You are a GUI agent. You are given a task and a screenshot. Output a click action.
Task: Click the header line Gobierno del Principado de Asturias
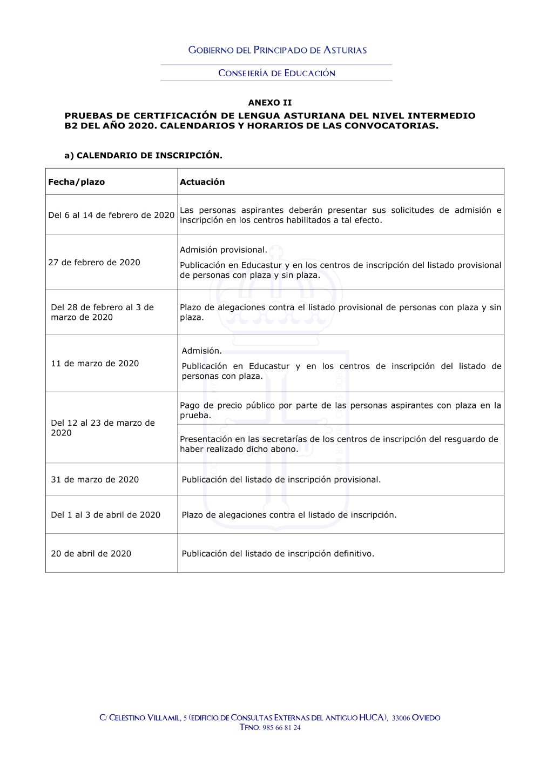tap(277, 50)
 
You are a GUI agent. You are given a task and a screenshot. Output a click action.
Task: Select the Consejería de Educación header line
tap(276, 73)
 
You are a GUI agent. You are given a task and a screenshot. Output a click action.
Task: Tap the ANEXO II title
tap(269, 103)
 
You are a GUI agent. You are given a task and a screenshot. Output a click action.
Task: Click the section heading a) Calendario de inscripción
tap(143, 156)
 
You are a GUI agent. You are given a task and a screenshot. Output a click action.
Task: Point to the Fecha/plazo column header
tap(77, 182)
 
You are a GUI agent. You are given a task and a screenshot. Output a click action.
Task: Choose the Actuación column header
tap(202, 182)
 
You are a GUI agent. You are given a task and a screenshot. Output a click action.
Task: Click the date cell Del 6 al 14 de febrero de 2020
tap(111, 215)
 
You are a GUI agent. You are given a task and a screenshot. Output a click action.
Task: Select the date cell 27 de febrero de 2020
tap(94, 263)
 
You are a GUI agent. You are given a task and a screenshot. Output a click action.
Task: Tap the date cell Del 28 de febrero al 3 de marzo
tap(102, 312)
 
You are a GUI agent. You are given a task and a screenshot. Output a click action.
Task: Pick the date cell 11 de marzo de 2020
tap(94, 364)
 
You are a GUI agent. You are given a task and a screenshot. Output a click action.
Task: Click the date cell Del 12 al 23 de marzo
tap(103, 428)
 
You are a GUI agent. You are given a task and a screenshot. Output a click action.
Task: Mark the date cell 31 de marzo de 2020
tap(94, 480)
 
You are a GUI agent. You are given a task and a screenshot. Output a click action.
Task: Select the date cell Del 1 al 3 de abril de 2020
tap(105, 515)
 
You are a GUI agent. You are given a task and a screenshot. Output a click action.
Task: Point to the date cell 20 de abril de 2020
tap(91, 554)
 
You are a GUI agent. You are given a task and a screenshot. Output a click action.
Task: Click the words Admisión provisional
tap(223, 250)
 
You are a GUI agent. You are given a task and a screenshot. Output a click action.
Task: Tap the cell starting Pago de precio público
tap(340, 410)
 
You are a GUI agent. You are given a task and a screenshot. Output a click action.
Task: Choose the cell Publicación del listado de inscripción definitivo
tap(278, 554)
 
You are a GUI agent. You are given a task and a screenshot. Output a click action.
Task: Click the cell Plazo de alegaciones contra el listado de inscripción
tap(289, 515)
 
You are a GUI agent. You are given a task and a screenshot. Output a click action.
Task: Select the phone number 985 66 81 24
tap(281, 728)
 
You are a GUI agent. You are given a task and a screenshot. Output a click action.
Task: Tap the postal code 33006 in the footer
tap(401, 718)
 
